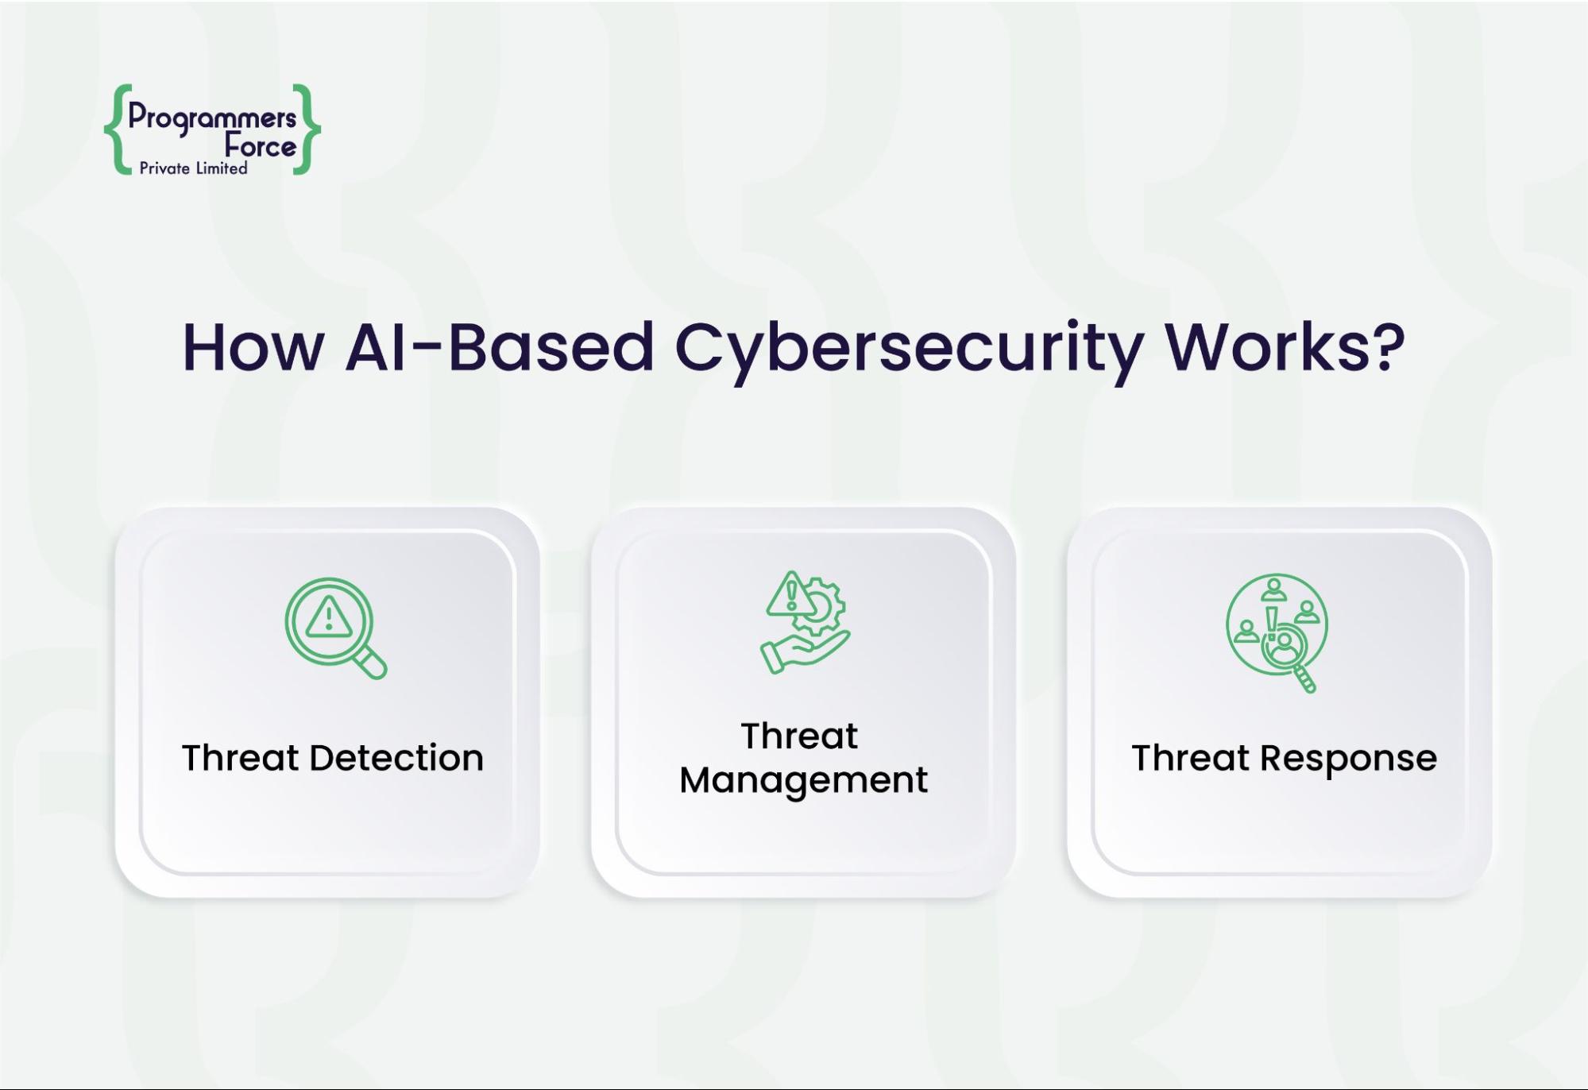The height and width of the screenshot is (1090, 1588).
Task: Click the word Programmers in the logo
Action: [211, 118]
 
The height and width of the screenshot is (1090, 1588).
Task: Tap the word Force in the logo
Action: [260, 146]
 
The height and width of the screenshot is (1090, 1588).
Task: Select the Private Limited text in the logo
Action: [193, 168]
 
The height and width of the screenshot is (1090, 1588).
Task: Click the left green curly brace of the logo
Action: [118, 129]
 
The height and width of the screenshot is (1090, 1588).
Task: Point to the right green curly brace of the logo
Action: [307, 129]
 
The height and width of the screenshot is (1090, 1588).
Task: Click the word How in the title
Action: [253, 348]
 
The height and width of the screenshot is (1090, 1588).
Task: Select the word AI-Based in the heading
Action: [499, 348]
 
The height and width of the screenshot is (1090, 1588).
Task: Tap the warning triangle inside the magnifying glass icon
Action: [328, 617]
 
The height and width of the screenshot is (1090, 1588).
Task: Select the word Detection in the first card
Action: [396, 758]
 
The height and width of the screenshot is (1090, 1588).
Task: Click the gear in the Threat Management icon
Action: [823, 608]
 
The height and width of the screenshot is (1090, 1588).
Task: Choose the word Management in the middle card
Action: [803, 780]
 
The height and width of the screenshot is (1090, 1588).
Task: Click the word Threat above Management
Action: [799, 736]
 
